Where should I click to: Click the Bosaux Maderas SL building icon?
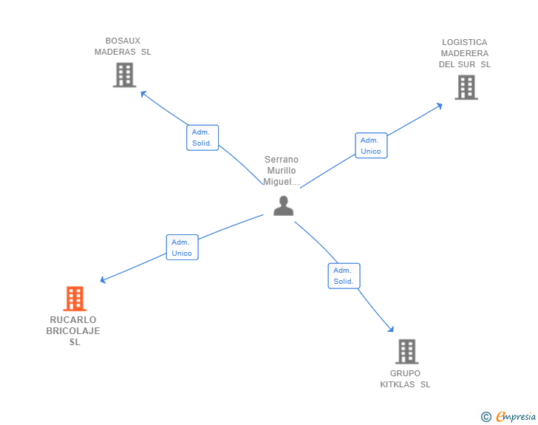tap(124, 75)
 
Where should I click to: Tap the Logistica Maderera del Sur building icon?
tap(466, 87)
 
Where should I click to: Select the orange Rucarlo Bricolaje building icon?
tap(74, 299)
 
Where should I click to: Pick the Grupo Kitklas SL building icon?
tap(406, 351)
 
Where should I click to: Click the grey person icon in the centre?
tap(283, 206)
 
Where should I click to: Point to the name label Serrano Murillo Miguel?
tap(282, 171)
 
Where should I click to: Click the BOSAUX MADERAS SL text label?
tap(123, 47)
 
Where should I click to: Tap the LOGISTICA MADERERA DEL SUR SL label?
tap(465, 53)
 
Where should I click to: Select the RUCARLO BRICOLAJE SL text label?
tap(73, 331)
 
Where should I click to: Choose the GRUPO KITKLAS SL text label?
tap(405, 379)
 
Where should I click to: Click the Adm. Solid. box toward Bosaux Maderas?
tap(202, 137)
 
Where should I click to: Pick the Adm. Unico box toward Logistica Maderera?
tap(370, 146)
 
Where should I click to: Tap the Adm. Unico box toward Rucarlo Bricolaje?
tap(182, 248)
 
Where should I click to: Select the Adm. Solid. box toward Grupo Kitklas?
tap(344, 276)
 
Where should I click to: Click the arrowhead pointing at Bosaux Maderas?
tap(143, 94)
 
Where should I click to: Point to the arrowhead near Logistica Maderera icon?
tap(440, 106)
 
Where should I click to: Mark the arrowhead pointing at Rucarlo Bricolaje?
tap(103, 280)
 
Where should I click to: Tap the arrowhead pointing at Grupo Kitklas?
tap(391, 330)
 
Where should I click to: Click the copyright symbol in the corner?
tap(486, 417)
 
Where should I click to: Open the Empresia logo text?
tap(516, 417)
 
